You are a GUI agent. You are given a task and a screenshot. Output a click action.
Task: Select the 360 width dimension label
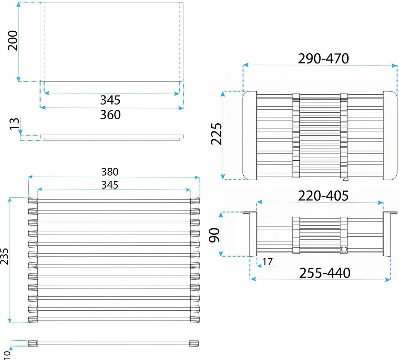click(x=110, y=115)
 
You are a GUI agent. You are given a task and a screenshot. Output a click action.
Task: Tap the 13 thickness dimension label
click(x=15, y=124)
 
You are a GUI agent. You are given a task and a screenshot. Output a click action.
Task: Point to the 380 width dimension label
click(x=110, y=172)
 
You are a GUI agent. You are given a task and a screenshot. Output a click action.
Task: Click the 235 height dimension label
click(x=5, y=256)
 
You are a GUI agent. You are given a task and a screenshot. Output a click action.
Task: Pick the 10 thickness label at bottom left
click(x=7, y=355)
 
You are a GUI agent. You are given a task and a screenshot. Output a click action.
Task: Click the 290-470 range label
click(x=323, y=59)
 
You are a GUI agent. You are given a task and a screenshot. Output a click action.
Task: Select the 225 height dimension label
click(x=216, y=134)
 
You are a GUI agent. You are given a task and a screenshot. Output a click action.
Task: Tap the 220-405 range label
click(x=323, y=196)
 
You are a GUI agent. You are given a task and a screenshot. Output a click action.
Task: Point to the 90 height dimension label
click(x=214, y=235)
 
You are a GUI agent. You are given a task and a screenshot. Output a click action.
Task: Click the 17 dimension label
click(x=268, y=261)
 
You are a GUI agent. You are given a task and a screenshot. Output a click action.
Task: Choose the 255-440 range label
click(x=324, y=273)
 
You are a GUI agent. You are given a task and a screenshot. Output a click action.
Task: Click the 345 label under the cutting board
click(x=110, y=100)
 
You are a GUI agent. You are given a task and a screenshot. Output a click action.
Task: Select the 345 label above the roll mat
click(x=110, y=185)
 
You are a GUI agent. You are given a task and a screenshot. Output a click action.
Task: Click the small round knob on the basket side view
click(x=344, y=250)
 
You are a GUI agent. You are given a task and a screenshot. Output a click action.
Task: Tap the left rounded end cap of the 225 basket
click(x=250, y=135)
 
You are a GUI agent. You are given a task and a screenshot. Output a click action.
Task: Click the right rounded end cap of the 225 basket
click(x=390, y=135)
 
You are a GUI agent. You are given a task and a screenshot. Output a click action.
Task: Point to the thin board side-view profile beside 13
click(x=112, y=137)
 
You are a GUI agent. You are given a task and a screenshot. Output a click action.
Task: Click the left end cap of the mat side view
click(x=32, y=344)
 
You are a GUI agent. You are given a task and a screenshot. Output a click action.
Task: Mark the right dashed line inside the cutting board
click(x=180, y=42)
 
